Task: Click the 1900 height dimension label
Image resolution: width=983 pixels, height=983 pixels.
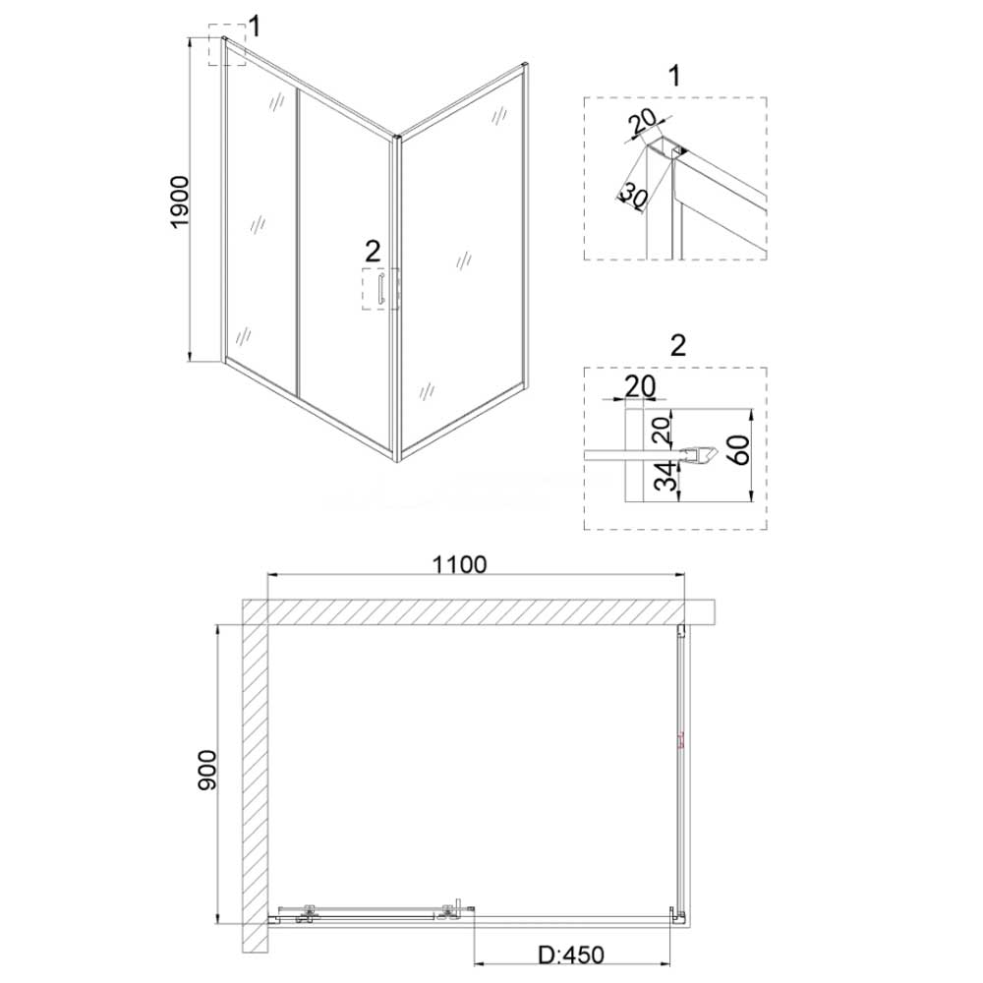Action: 180,202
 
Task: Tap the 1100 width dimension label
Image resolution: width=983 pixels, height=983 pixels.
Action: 459,565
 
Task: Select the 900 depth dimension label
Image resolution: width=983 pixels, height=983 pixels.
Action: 206,771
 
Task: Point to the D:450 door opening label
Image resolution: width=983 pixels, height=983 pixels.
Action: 571,954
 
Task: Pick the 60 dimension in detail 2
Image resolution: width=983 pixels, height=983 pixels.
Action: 740,449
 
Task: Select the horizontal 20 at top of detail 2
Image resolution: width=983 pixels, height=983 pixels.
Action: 640,386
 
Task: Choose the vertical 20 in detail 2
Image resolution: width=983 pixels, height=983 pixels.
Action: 662,430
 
